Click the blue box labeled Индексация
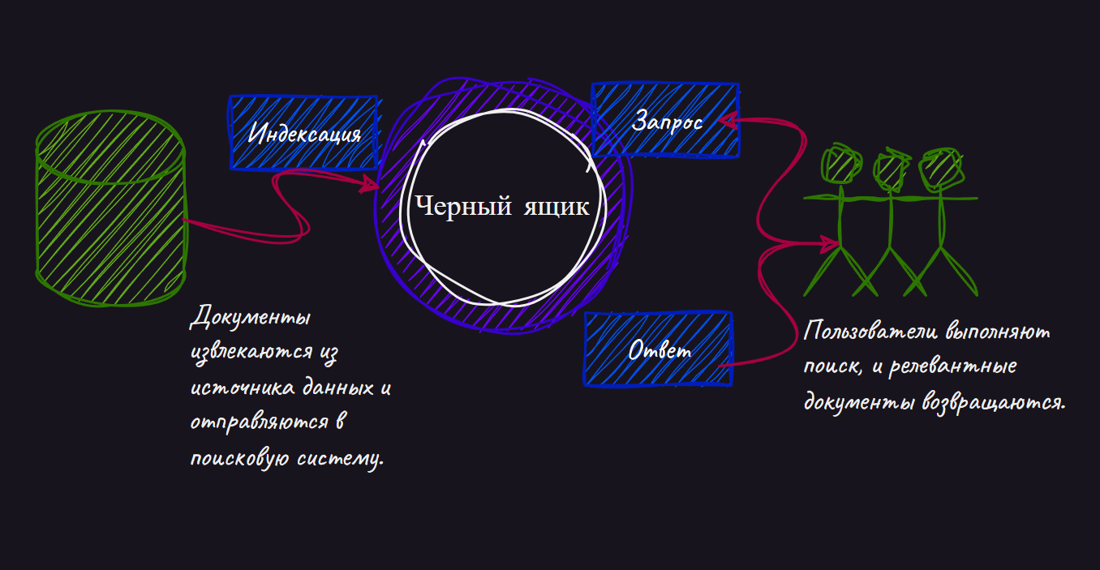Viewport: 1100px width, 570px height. pyautogui.click(x=303, y=133)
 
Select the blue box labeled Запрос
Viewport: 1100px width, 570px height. pyautogui.click(x=665, y=120)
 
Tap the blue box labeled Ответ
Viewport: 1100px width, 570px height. pyautogui.click(x=659, y=349)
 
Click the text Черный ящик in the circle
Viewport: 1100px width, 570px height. pyautogui.click(x=502, y=206)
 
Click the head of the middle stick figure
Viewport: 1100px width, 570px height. pyautogui.click(x=890, y=169)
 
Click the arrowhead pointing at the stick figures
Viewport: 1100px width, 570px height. pyautogui.click(x=832, y=242)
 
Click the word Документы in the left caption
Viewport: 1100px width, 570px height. pyautogui.click(x=251, y=318)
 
